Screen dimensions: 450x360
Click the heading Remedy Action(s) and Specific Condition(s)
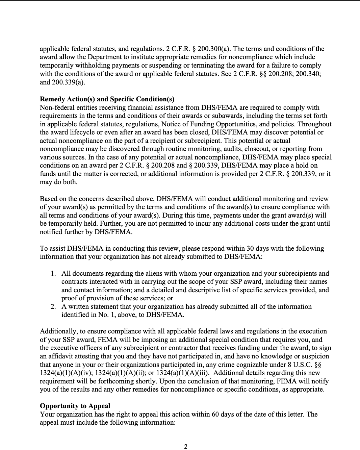[x=107, y=99]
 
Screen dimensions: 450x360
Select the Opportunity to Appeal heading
[x=75, y=406]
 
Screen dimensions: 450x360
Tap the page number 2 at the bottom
[x=186, y=446]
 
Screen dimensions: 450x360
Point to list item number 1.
[x=53, y=273]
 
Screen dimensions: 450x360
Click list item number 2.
[x=53, y=306]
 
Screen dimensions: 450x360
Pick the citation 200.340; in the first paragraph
[x=308, y=74]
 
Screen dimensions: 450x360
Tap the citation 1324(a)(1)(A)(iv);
[x=66, y=373]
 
